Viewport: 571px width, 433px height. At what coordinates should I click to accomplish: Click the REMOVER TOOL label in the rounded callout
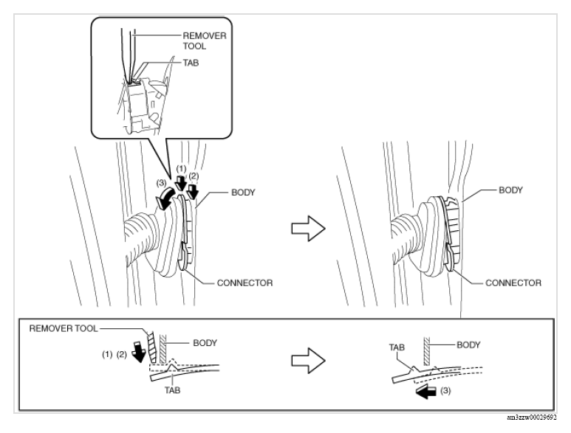point(205,41)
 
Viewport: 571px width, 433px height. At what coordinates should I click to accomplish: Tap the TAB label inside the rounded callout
point(191,63)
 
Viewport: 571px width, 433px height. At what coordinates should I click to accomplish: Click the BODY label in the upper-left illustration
point(243,193)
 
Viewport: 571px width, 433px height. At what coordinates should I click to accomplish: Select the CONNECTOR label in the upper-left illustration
point(245,283)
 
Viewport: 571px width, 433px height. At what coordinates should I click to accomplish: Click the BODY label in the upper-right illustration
point(510,190)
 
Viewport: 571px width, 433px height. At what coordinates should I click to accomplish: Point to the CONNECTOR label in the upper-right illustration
point(513,283)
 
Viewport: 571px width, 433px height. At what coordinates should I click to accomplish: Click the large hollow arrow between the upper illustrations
point(308,229)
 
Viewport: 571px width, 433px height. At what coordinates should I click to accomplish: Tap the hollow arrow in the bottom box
point(308,360)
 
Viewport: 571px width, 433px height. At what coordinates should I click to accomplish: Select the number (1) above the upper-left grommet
point(181,169)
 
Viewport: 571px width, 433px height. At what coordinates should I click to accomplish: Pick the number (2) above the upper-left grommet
point(194,176)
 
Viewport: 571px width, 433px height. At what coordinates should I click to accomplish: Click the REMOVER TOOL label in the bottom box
point(64,329)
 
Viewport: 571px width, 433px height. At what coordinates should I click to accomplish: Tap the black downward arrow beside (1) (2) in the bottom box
point(138,352)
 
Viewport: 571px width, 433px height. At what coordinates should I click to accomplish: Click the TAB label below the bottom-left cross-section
point(172,390)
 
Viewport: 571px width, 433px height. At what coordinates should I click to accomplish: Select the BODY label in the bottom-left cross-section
point(205,343)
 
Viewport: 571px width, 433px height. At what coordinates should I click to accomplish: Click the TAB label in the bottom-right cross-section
point(397,347)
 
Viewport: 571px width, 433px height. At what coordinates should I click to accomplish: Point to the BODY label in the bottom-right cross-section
point(468,344)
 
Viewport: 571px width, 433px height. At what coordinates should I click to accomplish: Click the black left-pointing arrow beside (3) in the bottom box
point(426,392)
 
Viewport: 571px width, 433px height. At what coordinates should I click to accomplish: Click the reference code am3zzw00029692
point(531,418)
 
